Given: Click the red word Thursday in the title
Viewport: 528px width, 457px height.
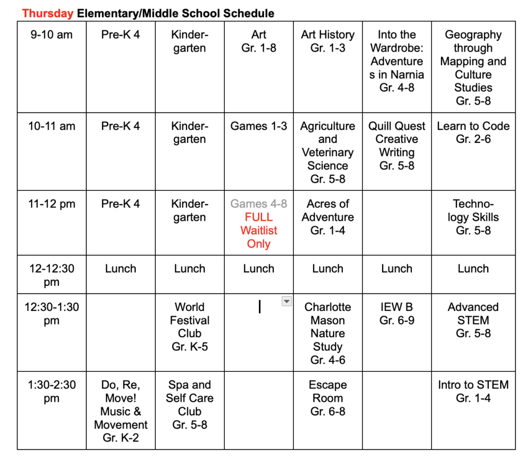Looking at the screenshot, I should click(x=48, y=13).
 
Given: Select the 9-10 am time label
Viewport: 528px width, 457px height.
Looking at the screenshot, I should click(x=52, y=35).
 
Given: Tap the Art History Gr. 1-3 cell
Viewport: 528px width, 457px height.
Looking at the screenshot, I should click(x=328, y=41).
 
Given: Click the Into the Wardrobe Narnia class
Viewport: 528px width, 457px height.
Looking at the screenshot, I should click(x=397, y=61).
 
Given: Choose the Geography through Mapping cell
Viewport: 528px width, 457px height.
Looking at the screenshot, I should click(x=473, y=68).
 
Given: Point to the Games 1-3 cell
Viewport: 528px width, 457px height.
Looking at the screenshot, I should click(x=258, y=126).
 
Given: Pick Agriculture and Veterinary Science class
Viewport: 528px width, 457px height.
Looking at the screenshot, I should click(x=328, y=153).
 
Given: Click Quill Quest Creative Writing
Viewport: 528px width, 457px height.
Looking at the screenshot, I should click(x=397, y=146).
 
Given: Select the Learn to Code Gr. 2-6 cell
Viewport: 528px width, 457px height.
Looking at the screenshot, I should click(x=473, y=133).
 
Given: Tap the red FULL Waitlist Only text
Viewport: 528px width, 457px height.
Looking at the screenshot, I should click(x=259, y=230).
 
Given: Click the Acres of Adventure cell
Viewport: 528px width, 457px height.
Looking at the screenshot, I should click(x=328, y=217).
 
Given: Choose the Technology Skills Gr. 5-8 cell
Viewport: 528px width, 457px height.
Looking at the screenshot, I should click(x=473, y=217).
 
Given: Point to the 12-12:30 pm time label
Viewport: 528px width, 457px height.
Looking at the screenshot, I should click(x=52, y=275).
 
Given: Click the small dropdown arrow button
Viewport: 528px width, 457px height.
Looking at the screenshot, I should click(x=287, y=301).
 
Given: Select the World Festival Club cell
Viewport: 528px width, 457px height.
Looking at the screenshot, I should click(x=190, y=327).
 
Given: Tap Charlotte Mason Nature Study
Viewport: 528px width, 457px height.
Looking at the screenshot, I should click(x=328, y=333).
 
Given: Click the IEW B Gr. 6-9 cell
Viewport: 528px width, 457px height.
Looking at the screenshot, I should click(x=397, y=314).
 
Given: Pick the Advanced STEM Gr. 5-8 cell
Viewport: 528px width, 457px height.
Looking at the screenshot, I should click(x=473, y=320).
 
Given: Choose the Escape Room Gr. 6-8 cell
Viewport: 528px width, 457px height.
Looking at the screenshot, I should click(x=328, y=398).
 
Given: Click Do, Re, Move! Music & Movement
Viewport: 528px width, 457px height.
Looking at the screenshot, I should click(x=121, y=411).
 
